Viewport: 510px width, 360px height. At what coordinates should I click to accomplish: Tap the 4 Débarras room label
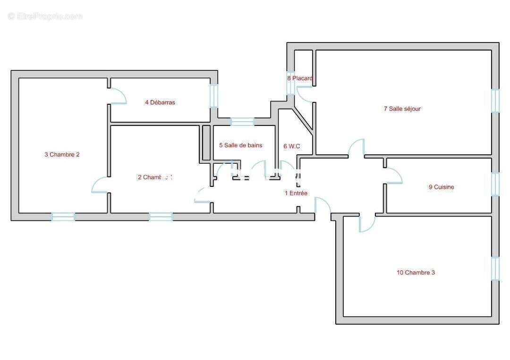(x=160, y=102)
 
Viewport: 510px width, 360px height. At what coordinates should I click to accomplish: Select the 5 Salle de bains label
(x=240, y=145)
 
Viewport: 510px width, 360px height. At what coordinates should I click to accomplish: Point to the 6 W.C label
(x=292, y=146)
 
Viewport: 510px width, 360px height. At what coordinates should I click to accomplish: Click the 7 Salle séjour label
(x=402, y=109)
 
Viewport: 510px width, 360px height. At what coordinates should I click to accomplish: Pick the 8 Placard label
(x=300, y=78)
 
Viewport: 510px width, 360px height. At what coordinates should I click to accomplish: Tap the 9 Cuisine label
(x=441, y=187)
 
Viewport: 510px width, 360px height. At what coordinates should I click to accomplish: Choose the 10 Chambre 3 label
(x=416, y=272)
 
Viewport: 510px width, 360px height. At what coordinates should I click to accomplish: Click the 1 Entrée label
(x=296, y=193)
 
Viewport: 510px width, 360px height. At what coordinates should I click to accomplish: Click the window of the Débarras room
(x=214, y=96)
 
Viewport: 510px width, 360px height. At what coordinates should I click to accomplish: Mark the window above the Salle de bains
(x=242, y=122)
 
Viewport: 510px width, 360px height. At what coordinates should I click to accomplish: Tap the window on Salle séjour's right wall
(x=495, y=101)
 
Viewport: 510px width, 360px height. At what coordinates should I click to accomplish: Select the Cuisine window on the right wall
(x=495, y=184)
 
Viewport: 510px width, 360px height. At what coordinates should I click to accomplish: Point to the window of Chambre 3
(x=495, y=268)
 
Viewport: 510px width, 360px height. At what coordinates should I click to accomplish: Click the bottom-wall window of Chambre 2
(x=63, y=217)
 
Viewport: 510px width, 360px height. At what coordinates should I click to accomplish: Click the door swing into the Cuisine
(x=393, y=176)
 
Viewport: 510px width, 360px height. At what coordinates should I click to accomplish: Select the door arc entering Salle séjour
(x=357, y=148)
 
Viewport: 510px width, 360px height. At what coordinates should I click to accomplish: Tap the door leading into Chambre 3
(x=367, y=224)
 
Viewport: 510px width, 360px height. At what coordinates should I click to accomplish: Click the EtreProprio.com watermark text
(x=45, y=17)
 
